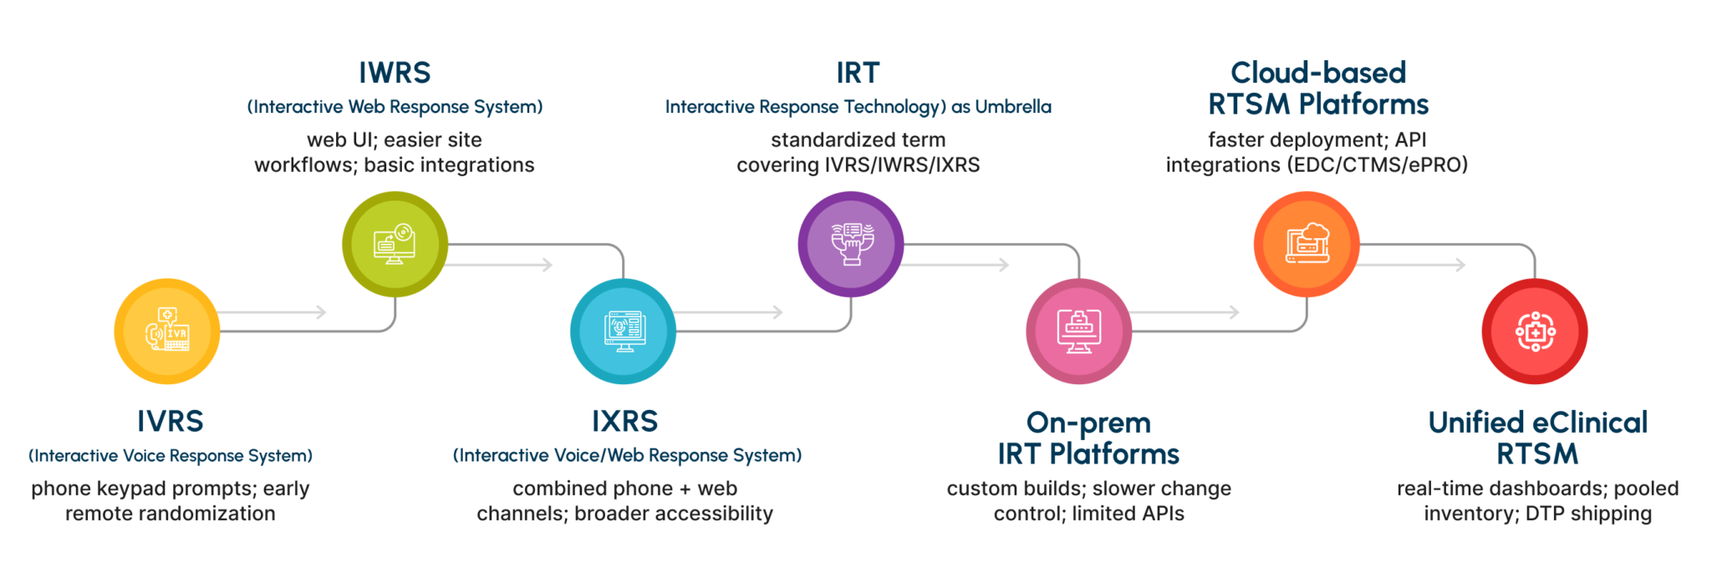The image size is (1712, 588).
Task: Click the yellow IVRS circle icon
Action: (167, 332)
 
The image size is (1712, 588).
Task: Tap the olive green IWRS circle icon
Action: (395, 244)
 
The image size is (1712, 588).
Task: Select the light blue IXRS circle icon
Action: (623, 332)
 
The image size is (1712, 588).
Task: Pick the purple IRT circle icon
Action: (851, 244)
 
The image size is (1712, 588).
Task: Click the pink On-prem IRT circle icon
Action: (1079, 332)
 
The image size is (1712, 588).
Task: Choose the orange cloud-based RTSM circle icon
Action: (1307, 244)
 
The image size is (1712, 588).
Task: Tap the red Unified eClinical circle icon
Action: (1535, 332)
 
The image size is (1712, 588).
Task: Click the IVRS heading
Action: (171, 421)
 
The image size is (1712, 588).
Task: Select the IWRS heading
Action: (395, 73)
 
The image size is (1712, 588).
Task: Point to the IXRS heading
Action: (625, 421)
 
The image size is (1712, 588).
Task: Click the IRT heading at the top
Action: (858, 73)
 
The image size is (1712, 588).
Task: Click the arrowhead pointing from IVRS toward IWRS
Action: (321, 312)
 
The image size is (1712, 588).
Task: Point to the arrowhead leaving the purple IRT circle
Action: (1004, 265)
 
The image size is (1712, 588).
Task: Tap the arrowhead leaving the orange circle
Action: (1461, 265)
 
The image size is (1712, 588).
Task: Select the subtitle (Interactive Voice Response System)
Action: (171, 456)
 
